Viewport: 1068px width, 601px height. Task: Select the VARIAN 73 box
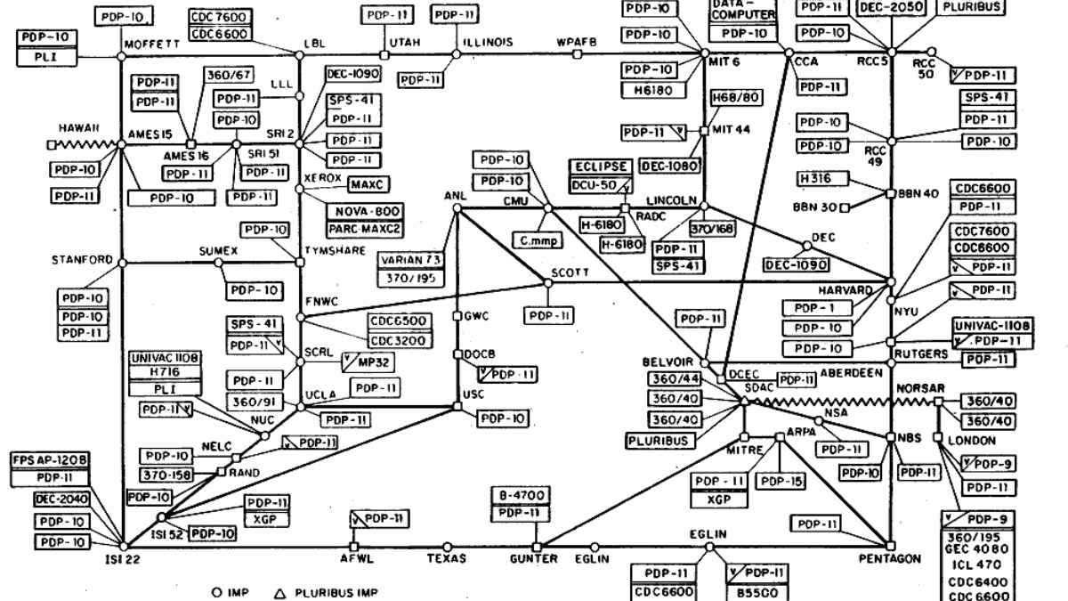[410, 259]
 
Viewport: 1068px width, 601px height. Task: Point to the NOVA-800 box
[364, 212]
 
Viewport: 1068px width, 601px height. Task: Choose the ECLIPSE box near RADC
[603, 167]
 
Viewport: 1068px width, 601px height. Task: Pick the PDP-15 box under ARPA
[780, 481]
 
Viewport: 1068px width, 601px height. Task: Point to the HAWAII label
[79, 128]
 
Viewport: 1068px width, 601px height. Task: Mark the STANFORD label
[81, 262]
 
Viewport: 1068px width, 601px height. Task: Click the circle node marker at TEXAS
[447, 547]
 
